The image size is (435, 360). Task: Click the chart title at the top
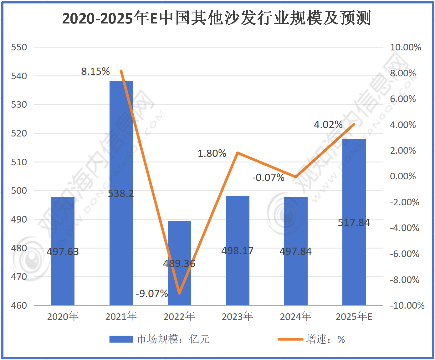(217, 18)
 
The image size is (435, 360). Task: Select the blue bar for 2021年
(121, 157)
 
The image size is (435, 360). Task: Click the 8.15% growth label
(95, 71)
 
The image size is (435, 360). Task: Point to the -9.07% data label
(152, 294)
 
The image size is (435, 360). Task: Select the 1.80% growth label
(212, 153)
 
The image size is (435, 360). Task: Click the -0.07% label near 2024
(269, 177)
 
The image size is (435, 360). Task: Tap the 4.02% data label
(328, 125)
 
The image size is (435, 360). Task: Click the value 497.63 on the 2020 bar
(63, 251)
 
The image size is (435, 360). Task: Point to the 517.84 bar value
(354, 223)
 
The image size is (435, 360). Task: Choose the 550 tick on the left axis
(19, 47)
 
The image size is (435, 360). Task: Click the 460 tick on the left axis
(19, 305)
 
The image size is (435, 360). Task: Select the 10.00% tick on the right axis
(406, 47)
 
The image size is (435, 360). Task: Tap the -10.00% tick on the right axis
(407, 305)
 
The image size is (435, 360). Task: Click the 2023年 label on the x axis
(238, 316)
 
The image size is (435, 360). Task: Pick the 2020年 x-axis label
(63, 316)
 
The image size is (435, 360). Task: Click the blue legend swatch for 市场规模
(121, 339)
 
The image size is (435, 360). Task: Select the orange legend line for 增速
(290, 339)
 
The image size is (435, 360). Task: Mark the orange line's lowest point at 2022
(179, 293)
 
